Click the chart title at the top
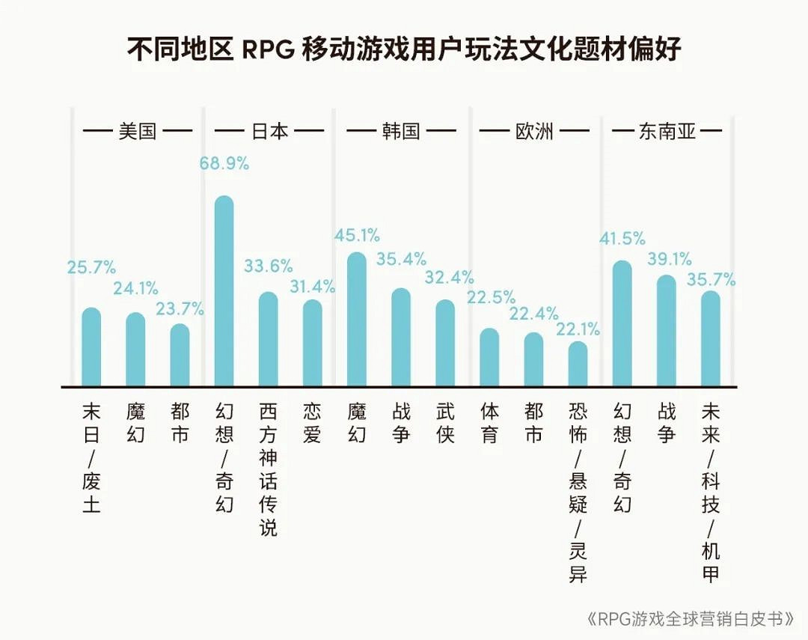404,50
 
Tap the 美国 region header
138,132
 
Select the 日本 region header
269,132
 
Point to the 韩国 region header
401,132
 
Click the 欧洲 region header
534,132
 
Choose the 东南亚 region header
667,132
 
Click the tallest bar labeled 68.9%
224,292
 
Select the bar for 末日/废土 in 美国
91,347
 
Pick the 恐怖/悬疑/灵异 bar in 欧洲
578,365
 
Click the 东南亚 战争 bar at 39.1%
666,331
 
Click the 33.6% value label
268,266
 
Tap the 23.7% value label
180,308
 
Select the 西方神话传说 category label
268,469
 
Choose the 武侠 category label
445,424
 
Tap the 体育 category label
489,424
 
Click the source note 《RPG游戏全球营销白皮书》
690,619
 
